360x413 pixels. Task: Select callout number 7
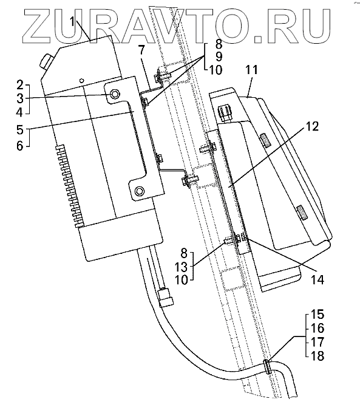[141, 50]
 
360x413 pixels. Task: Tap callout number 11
[252, 70]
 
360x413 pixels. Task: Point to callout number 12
[312, 126]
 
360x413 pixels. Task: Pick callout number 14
[317, 279]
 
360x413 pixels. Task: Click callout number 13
[181, 267]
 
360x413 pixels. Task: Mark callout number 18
[318, 356]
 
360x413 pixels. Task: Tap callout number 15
[318, 314]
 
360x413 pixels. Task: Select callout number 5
[20, 129]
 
